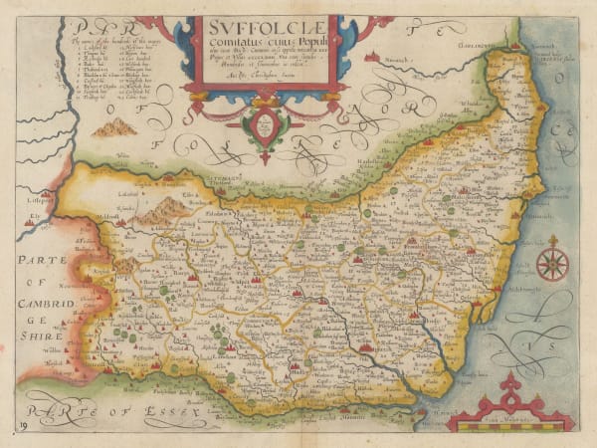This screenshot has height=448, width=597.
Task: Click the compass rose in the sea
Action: (x=552, y=264)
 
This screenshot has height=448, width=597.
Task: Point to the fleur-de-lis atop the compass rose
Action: (x=552, y=241)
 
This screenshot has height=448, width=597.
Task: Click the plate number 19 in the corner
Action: (x=22, y=426)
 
